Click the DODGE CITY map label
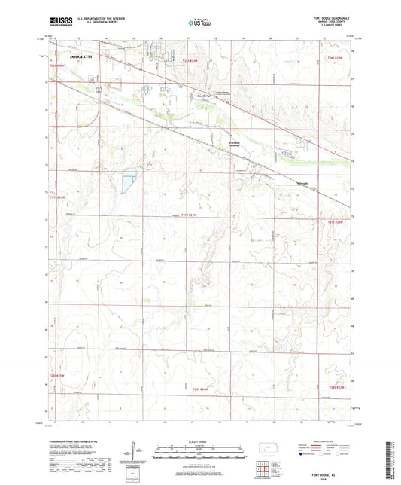pyautogui.click(x=82, y=56)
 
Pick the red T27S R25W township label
pyautogui.click(x=58, y=197)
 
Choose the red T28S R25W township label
pyautogui.click(x=58, y=375)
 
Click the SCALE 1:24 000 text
pyautogui.click(x=199, y=441)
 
